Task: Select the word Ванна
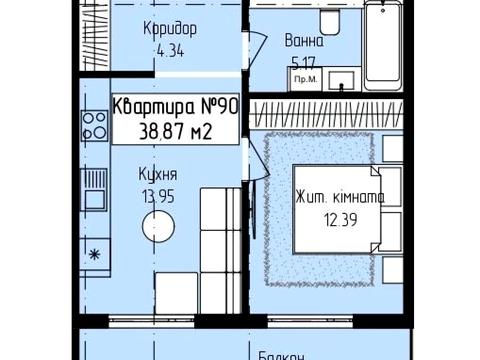[x=303, y=41]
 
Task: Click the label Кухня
[x=158, y=173]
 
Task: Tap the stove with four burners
[x=96, y=124]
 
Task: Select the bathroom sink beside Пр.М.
[x=339, y=79]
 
